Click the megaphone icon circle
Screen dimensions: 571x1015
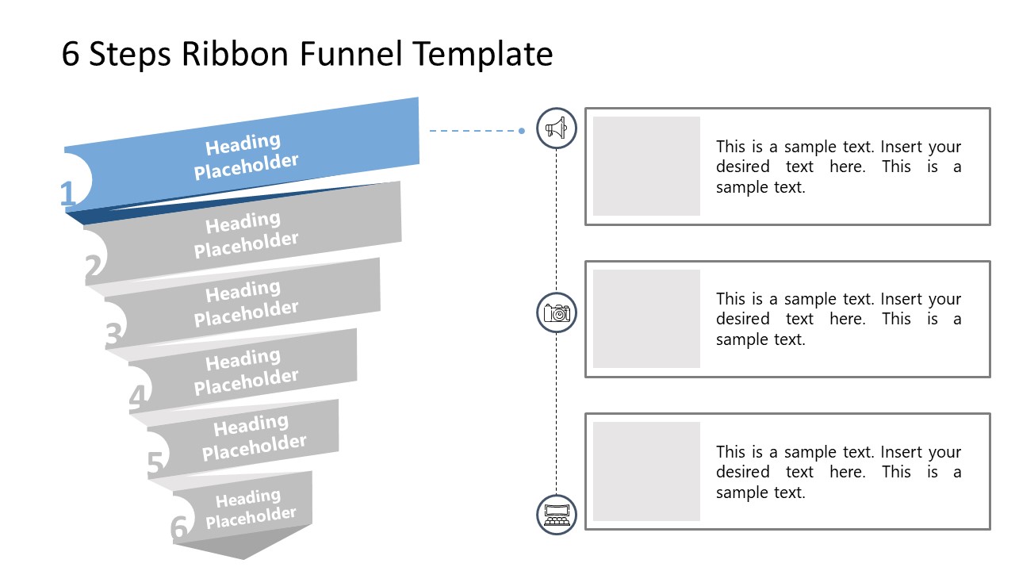coord(557,128)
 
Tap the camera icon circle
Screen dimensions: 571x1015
coord(557,312)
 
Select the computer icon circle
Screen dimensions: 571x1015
coord(557,514)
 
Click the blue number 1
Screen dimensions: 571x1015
coord(68,194)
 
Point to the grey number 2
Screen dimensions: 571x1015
coord(94,269)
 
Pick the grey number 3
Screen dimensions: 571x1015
coord(114,336)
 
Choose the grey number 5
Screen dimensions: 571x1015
coord(156,464)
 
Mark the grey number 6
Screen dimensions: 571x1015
coord(179,528)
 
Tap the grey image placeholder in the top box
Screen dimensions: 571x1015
coord(646,166)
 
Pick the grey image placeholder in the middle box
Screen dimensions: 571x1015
coord(646,319)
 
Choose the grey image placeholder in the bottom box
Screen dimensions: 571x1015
coord(646,471)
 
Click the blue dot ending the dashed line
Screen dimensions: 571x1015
coord(522,131)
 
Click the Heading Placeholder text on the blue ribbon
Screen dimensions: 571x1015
coord(246,156)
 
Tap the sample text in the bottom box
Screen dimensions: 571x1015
coord(838,472)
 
